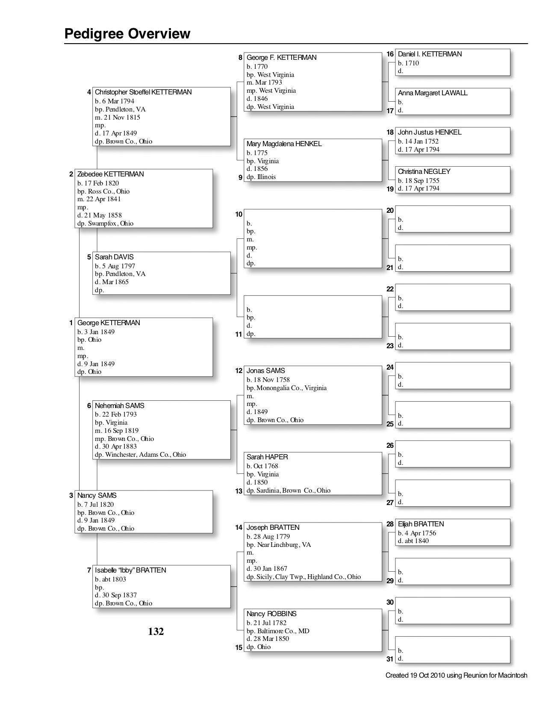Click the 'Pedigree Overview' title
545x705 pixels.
(x=127, y=34)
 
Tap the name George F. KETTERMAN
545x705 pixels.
(x=281, y=58)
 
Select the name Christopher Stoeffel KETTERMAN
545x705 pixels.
(x=143, y=92)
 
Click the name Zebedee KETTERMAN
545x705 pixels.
(x=110, y=174)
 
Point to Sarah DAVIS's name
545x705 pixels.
(x=114, y=257)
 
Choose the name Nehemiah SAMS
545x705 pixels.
(x=119, y=406)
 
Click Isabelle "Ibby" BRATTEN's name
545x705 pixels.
(x=130, y=570)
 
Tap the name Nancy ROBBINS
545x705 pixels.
(x=271, y=614)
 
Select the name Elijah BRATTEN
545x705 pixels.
(x=421, y=524)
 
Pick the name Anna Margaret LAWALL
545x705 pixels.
(x=433, y=93)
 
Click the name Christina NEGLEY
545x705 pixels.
(x=424, y=172)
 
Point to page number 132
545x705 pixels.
(x=156, y=632)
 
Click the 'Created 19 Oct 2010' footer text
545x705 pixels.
(x=456, y=676)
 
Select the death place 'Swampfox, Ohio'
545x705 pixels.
(x=111, y=223)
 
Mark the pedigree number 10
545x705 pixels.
(x=239, y=214)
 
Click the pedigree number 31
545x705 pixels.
(x=390, y=659)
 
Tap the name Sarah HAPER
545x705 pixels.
(x=267, y=457)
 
